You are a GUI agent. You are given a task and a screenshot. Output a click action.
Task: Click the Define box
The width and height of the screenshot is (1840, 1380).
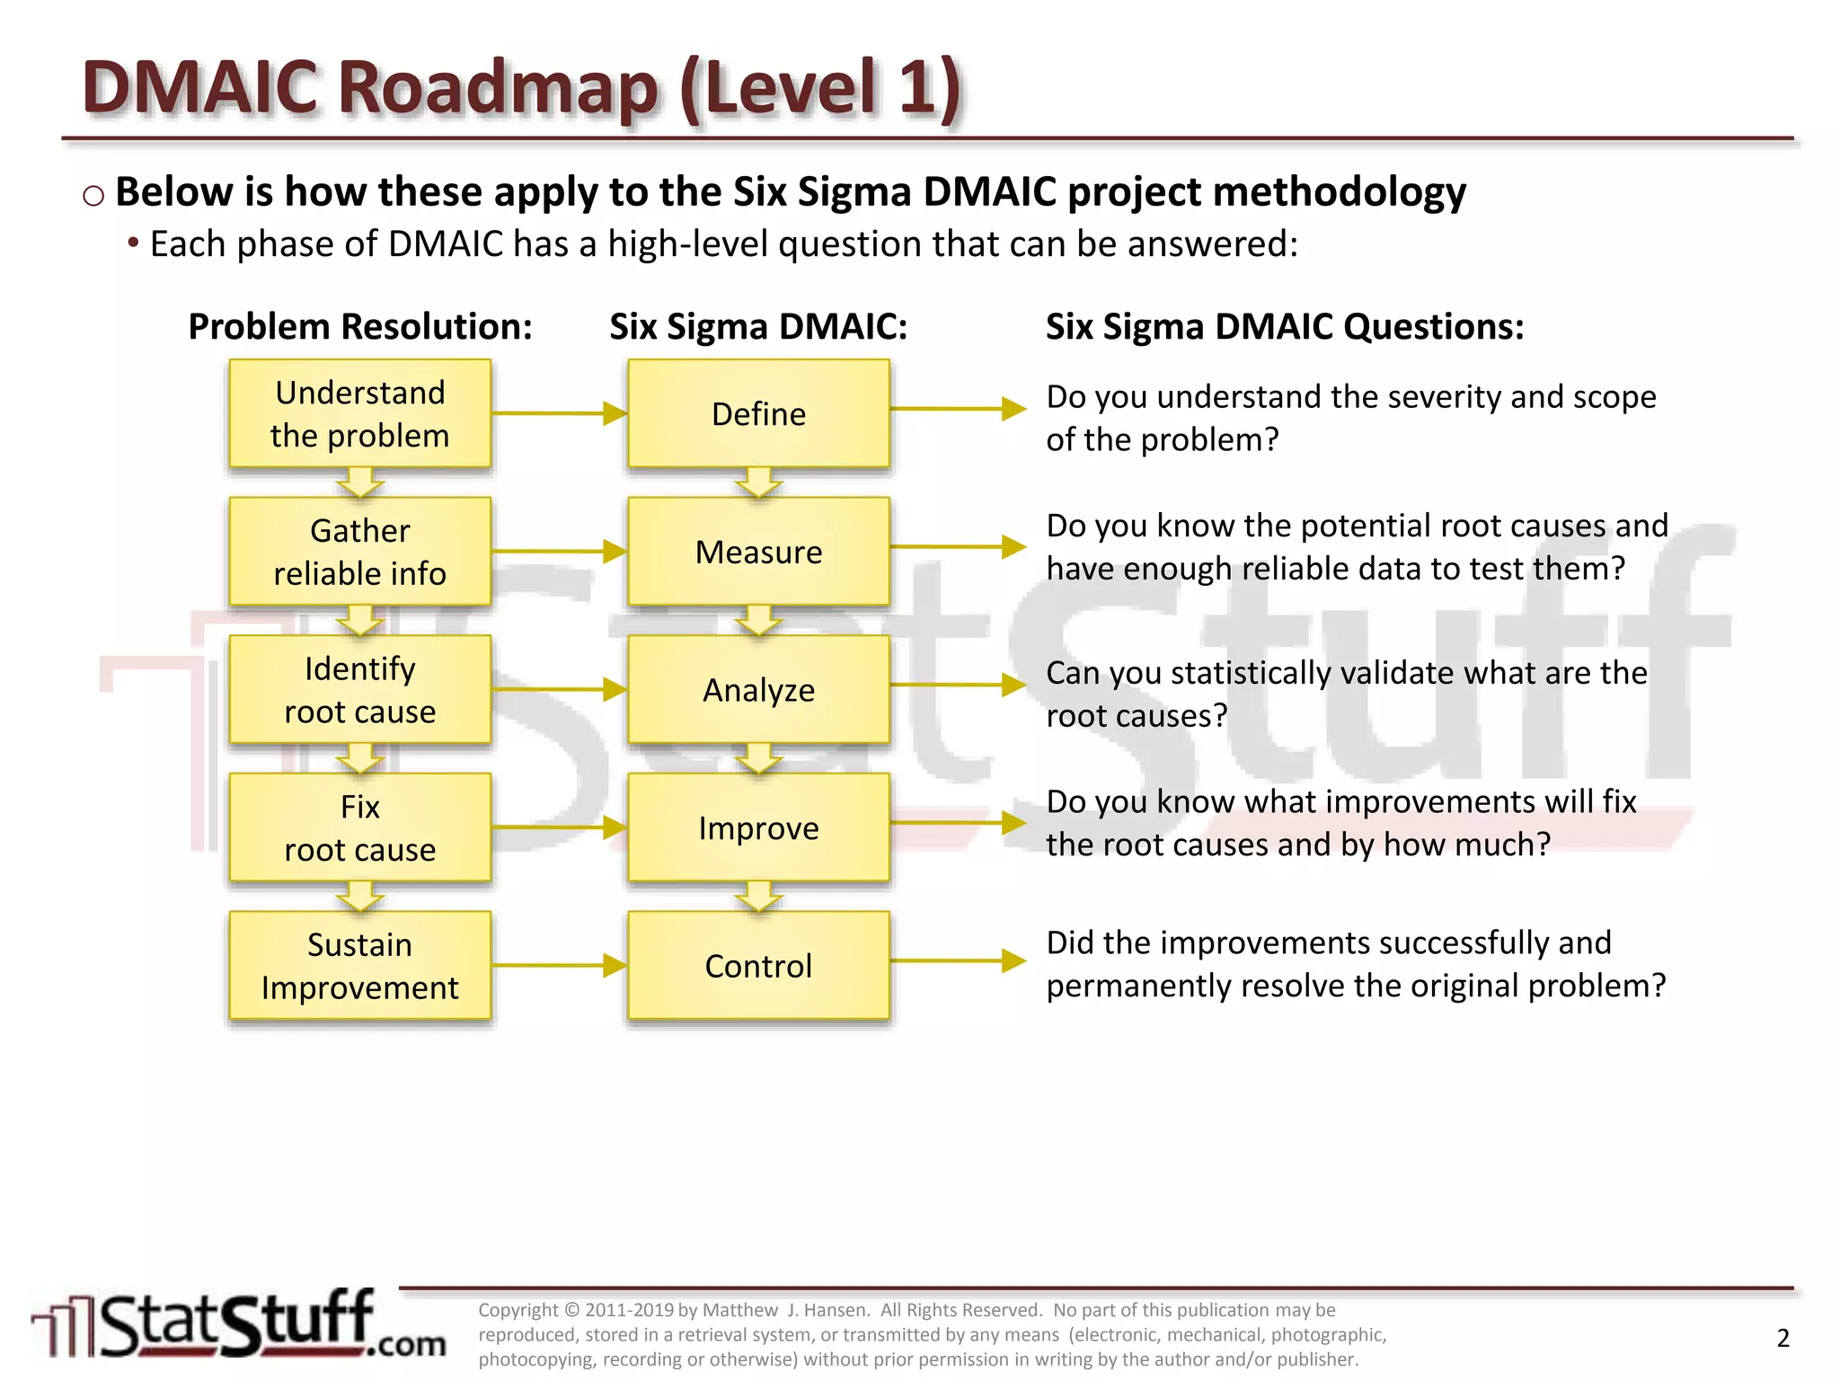coord(758,413)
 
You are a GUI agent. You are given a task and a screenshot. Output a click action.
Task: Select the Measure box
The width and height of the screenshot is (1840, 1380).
coord(758,552)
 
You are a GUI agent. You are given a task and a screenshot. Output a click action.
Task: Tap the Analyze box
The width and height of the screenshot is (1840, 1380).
coord(758,689)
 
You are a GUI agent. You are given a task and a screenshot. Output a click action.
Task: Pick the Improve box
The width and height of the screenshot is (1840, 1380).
coord(758,827)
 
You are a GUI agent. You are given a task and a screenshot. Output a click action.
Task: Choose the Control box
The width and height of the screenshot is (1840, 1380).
coord(758,966)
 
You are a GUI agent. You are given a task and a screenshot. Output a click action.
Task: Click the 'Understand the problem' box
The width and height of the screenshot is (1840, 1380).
coord(359,413)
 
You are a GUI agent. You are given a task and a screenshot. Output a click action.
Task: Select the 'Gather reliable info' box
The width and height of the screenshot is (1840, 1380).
coord(359,552)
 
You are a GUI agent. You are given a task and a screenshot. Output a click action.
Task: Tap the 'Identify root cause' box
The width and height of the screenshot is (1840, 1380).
coord(359,689)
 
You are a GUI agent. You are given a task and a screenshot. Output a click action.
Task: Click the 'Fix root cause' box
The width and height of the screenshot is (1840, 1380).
coord(359,827)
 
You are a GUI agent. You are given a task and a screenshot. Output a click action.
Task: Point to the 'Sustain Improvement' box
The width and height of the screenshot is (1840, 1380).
coord(359,966)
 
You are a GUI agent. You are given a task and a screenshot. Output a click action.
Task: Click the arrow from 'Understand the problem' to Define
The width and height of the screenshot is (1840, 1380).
coord(559,413)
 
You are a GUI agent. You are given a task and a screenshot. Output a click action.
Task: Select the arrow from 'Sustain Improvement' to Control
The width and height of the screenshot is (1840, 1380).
coord(559,966)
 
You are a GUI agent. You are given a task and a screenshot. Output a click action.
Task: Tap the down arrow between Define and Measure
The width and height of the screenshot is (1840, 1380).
coord(758,482)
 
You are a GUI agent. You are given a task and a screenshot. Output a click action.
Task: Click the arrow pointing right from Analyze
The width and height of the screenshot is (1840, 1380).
coord(958,685)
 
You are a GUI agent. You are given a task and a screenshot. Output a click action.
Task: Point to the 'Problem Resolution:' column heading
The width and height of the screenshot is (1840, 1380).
coord(359,326)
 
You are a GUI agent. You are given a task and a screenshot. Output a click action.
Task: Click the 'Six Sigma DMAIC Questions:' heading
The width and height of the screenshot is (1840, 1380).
coord(1285,326)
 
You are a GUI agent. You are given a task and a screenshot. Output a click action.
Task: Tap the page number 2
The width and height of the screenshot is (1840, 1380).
coord(1783,1338)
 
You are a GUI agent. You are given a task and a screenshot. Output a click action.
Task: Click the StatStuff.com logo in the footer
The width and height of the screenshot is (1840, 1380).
coord(239,1324)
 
